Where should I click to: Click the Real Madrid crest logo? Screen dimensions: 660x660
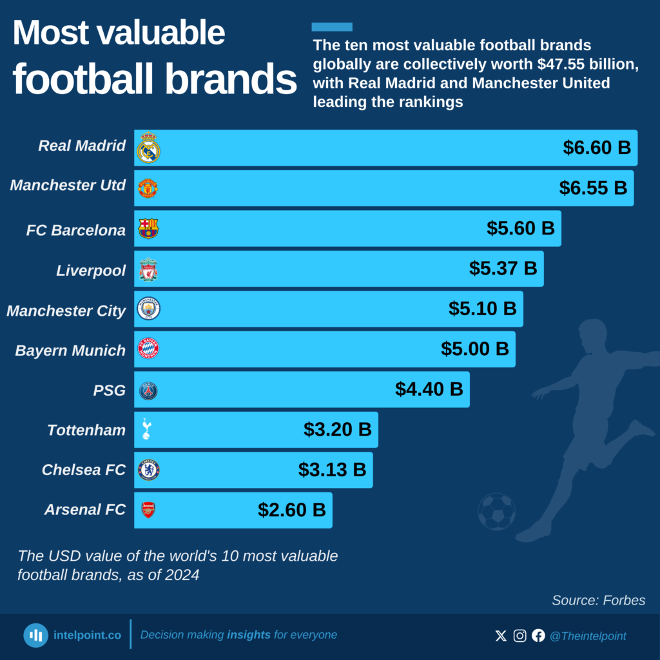point(148,148)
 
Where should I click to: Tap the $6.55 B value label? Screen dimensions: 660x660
point(593,188)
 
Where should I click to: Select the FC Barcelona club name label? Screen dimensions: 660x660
point(76,230)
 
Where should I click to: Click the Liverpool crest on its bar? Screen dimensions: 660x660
point(148,269)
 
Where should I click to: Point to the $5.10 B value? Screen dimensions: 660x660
point(483,309)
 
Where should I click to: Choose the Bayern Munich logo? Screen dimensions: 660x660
point(148,349)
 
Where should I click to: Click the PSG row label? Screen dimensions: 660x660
point(110,390)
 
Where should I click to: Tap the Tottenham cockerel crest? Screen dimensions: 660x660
point(146,429)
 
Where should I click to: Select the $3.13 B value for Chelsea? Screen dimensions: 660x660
point(332,470)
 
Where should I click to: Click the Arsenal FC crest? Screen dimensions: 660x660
point(148,510)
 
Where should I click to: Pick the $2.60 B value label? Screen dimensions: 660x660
point(292,510)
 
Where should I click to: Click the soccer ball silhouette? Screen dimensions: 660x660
point(496,512)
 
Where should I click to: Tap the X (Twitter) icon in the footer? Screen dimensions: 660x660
point(501,636)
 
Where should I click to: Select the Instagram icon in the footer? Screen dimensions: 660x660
point(519,636)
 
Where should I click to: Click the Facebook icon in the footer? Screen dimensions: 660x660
point(538,636)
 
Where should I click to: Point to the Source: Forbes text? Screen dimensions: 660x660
point(598,601)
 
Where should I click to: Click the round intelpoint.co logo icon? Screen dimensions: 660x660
point(36,636)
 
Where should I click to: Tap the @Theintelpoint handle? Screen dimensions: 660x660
point(587,636)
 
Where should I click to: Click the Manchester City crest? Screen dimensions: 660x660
point(148,309)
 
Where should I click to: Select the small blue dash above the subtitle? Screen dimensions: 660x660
point(332,27)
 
